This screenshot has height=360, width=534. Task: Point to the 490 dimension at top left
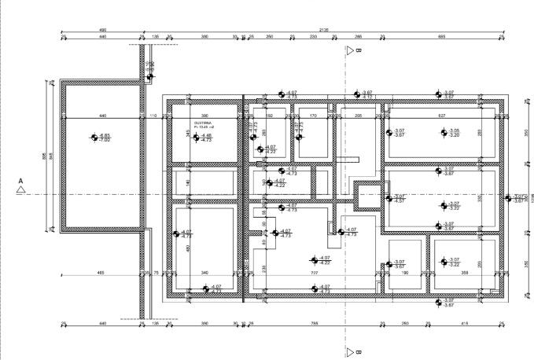point(103,30)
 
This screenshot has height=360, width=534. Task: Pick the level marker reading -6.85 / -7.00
point(102,138)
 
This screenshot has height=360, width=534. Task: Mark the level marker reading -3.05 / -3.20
point(449,133)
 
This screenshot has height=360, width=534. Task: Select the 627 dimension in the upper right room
point(441,116)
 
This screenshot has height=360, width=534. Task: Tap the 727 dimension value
point(314,273)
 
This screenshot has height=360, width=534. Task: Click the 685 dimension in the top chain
point(442,37)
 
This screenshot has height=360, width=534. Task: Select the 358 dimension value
point(465,273)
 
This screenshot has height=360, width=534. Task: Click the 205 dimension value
point(358,116)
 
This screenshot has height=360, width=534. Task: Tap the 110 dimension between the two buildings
point(153,116)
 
